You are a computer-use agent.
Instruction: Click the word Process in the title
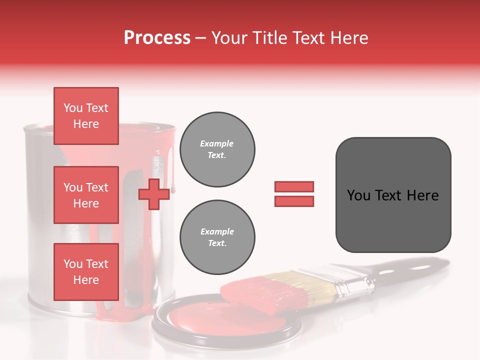coord(157,38)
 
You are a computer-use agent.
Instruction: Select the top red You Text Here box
coord(86,116)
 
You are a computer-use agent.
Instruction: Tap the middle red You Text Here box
coord(86,195)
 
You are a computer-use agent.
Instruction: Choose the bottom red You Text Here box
coord(86,271)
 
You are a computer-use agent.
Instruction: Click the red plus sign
coord(153,194)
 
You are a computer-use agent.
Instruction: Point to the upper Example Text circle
coord(217,149)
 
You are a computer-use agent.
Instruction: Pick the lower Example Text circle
coord(217,237)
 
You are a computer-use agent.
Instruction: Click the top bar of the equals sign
coord(294,186)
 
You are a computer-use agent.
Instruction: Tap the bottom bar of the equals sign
coord(294,201)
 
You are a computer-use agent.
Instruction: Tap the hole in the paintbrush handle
coord(388,272)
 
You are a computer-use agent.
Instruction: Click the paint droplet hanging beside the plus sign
coord(173,189)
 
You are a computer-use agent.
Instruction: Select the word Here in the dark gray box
coord(422,195)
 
